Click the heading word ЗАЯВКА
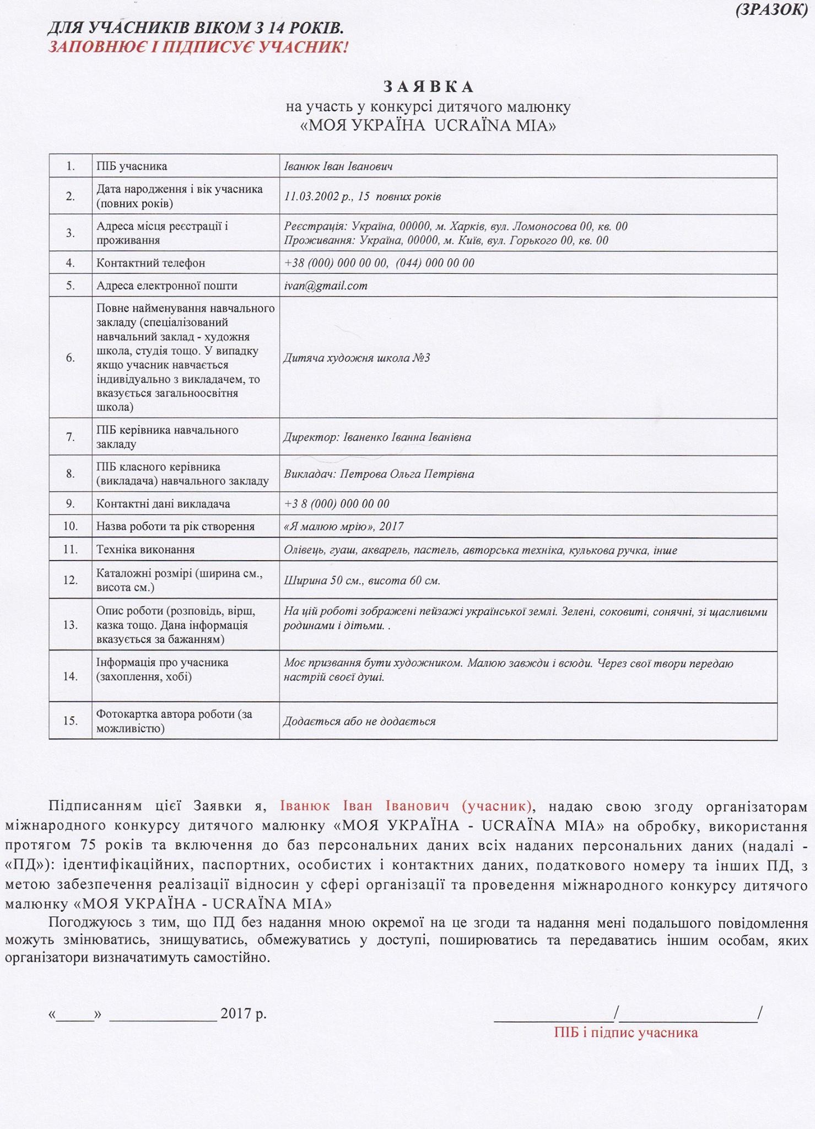click(x=428, y=87)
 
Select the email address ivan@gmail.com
click(x=325, y=286)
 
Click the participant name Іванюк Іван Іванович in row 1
click(x=338, y=166)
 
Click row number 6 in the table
click(x=71, y=358)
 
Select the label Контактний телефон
click(x=150, y=263)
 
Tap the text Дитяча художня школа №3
click(x=356, y=358)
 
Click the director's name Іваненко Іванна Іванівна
click(x=407, y=437)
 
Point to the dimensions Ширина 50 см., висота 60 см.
click(x=361, y=580)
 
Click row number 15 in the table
click(x=71, y=721)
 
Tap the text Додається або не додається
click(x=359, y=721)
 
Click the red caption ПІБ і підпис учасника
click(x=626, y=1033)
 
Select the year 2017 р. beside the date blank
click(x=243, y=1014)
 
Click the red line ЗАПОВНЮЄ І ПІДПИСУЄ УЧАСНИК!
click(x=198, y=47)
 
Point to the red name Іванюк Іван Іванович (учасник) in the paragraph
click(x=406, y=806)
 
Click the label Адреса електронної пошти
click(x=166, y=286)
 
